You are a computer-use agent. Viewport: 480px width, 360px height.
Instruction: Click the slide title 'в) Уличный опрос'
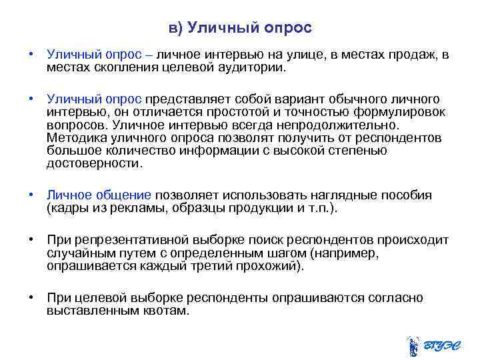240,29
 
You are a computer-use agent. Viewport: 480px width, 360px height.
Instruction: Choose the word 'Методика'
74,138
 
